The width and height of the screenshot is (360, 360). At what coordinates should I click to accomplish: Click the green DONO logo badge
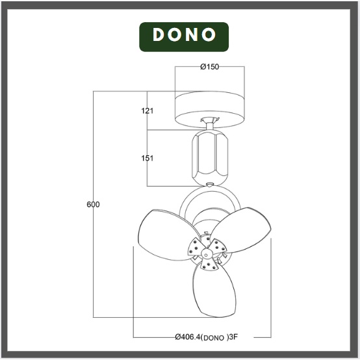pos(184,37)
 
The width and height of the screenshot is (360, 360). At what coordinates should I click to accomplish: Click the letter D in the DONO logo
pos(159,34)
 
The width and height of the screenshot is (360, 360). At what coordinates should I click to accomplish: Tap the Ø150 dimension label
pos(209,67)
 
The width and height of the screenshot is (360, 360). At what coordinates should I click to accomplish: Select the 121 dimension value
pos(147,111)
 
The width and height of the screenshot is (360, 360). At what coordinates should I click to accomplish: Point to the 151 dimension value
pos(147,158)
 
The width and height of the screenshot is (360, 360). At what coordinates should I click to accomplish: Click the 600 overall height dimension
pos(93,204)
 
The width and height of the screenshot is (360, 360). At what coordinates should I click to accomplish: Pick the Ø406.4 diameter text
pos(188,337)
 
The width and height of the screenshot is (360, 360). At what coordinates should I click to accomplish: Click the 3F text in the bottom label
pos(233,337)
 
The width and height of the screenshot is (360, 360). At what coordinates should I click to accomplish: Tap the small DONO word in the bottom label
pos(214,338)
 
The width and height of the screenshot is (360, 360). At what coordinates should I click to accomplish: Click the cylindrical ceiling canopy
pos(210,109)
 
